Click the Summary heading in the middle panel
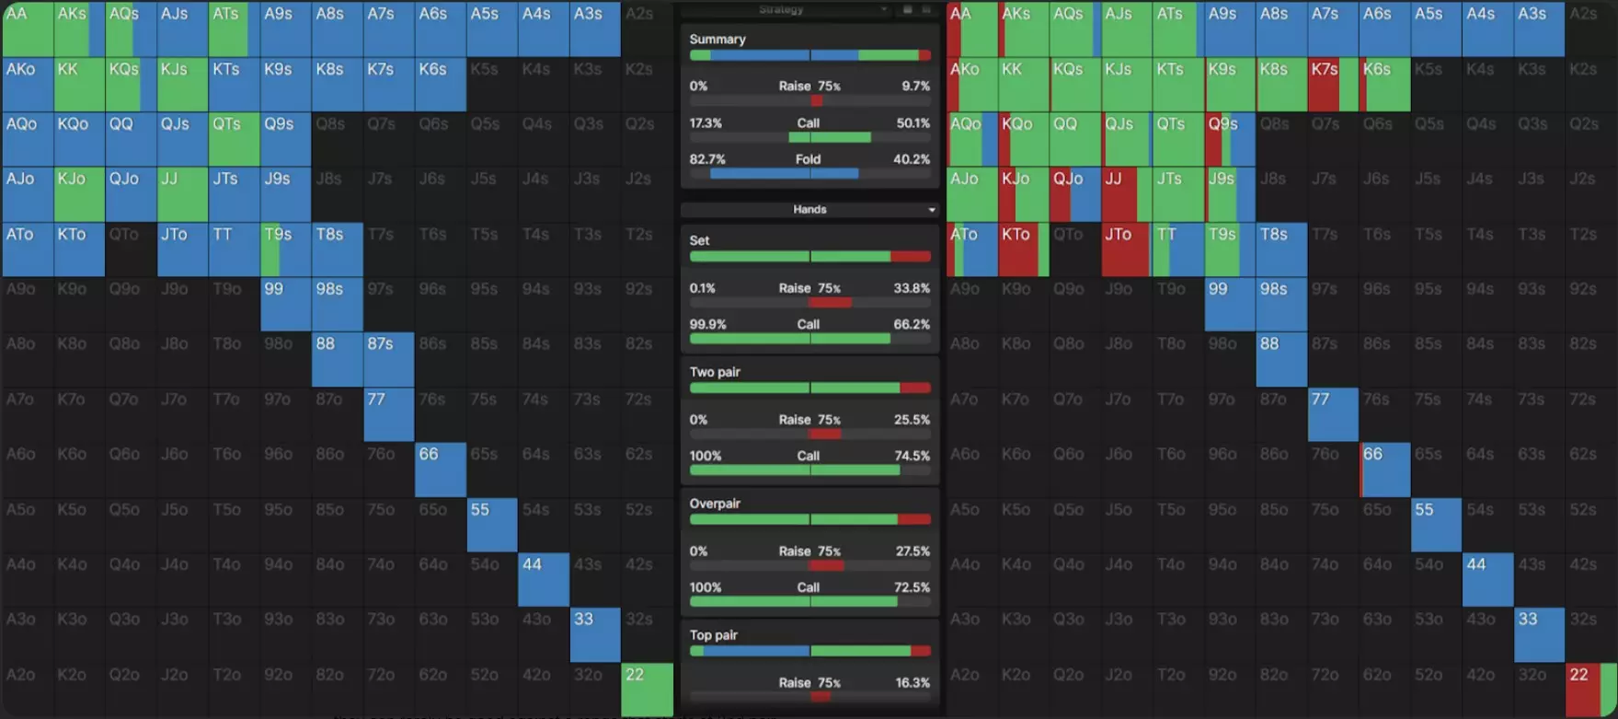pyautogui.click(x=717, y=40)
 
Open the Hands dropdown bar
pyautogui.click(x=809, y=210)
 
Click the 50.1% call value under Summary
pyautogui.click(x=912, y=122)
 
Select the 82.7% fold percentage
pyautogui.click(x=707, y=159)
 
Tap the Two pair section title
pyautogui.click(x=715, y=372)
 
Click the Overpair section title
pyautogui.click(x=715, y=504)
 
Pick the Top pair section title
pyautogui.click(x=714, y=635)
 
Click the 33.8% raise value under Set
pyautogui.click(x=912, y=288)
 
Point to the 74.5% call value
pyautogui.click(x=912, y=456)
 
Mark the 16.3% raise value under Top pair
pyautogui.click(x=912, y=683)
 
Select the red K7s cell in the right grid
pyautogui.click(x=1331, y=84)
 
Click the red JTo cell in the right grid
pyautogui.click(x=1125, y=249)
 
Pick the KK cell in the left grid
pyautogui.click(x=79, y=84)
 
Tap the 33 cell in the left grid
pyautogui.click(x=595, y=634)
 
